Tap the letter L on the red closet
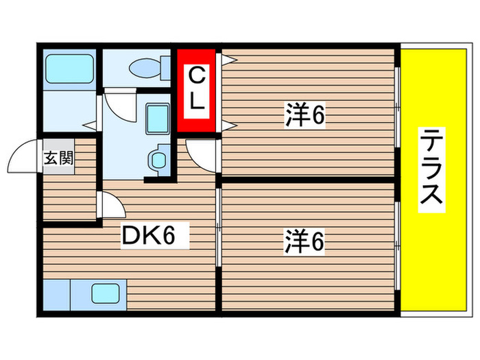click(x=196, y=102)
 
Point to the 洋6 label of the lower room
click(x=304, y=241)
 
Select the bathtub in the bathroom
click(x=69, y=69)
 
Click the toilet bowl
click(x=147, y=69)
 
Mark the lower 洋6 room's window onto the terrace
click(x=397, y=244)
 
